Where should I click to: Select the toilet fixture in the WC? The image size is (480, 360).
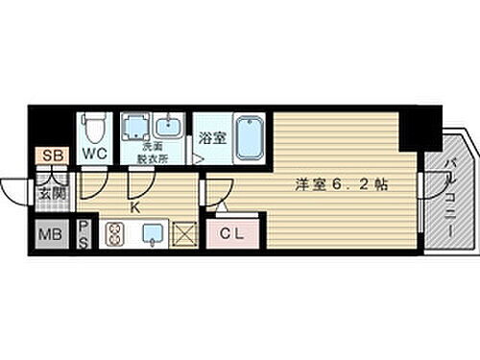click(93, 129)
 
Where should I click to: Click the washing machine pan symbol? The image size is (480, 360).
click(134, 129)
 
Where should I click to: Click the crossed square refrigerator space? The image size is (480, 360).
click(183, 233)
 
